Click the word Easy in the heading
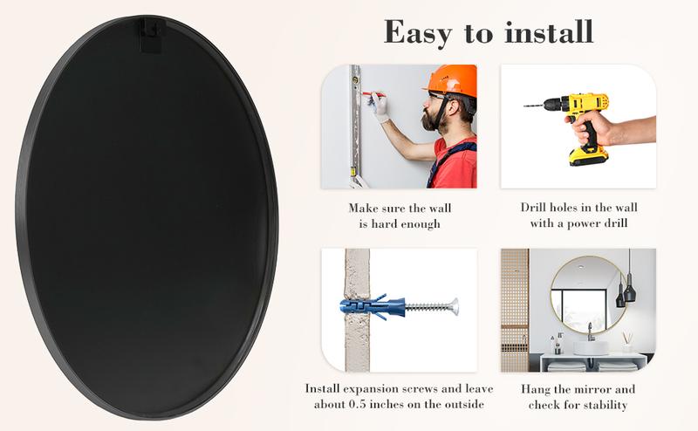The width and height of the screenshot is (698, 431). click(x=418, y=33)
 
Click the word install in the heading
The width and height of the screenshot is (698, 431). click(x=550, y=31)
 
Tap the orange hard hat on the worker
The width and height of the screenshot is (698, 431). click(x=453, y=80)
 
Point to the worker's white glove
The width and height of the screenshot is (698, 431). click(x=380, y=106)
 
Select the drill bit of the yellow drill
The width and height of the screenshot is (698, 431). click(x=533, y=106)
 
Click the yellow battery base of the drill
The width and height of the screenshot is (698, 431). click(x=587, y=156)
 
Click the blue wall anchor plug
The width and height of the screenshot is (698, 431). click(x=373, y=307)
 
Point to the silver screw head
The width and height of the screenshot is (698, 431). click(x=454, y=306)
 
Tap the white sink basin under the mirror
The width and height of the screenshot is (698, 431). click(x=591, y=347)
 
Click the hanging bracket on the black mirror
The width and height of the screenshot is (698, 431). click(x=150, y=36)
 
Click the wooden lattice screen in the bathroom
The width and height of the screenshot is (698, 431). click(x=515, y=310)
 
